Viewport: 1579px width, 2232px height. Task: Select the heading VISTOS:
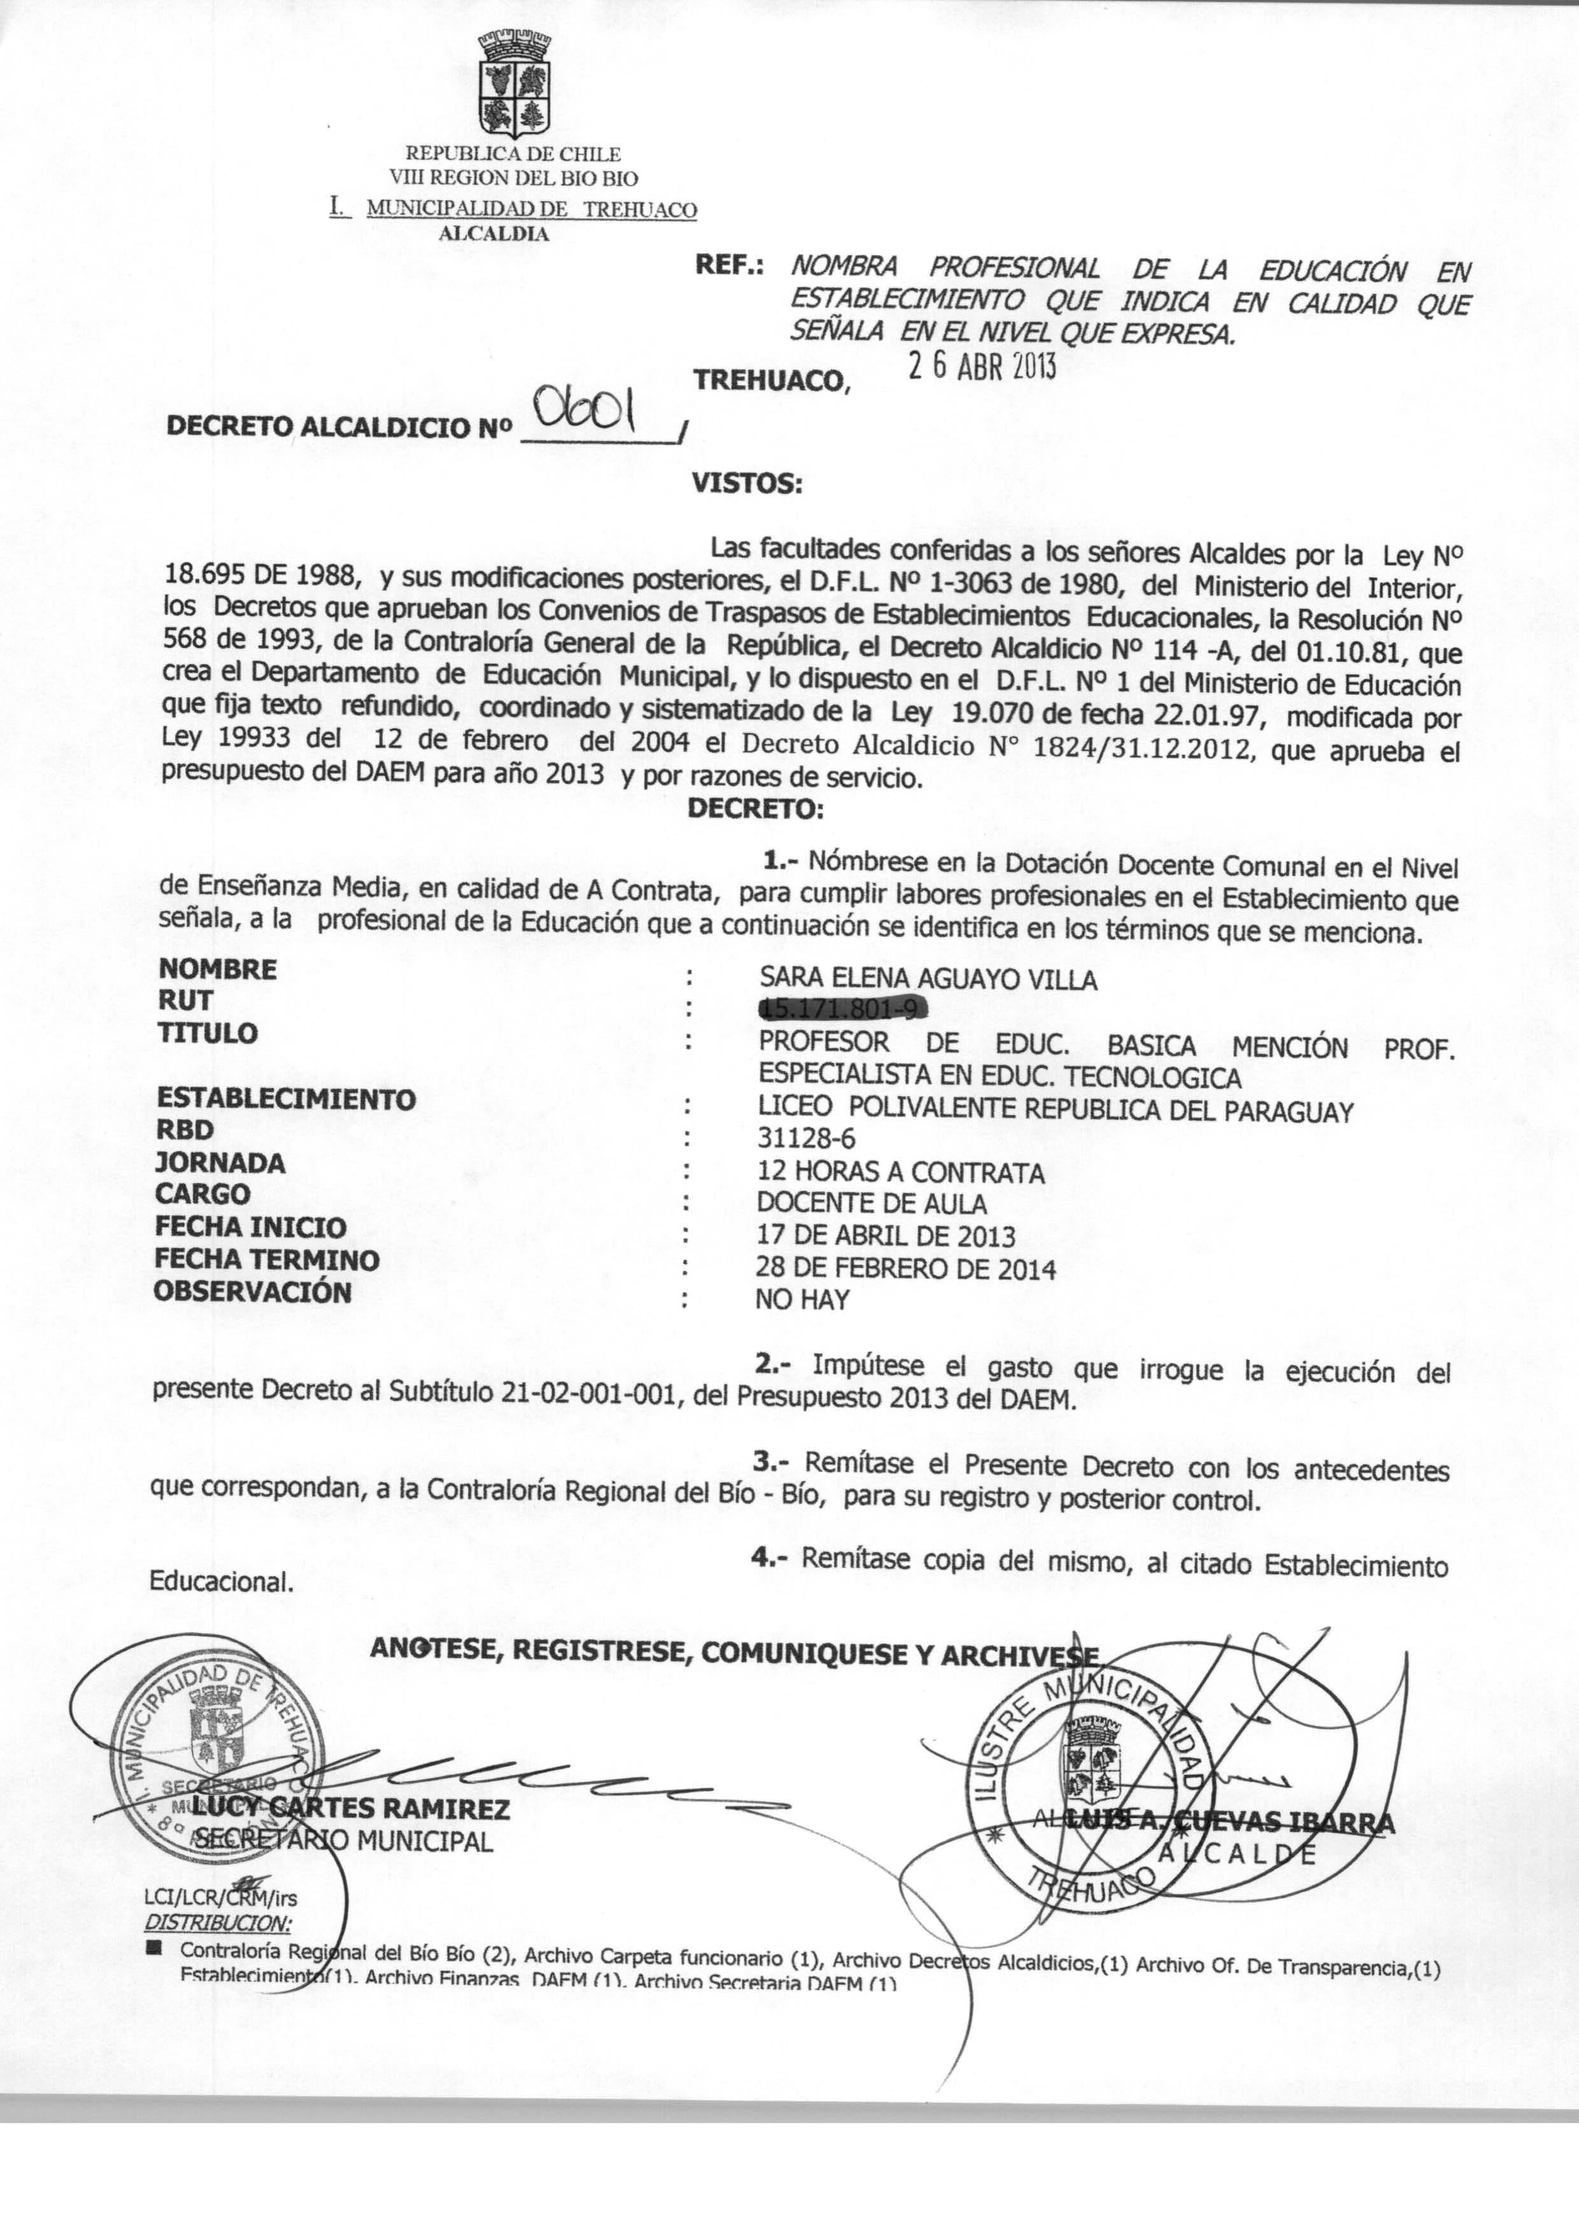746,483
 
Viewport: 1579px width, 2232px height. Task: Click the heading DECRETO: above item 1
756,808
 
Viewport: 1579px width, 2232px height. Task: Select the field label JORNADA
221,1163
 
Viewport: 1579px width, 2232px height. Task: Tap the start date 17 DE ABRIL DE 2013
886,1236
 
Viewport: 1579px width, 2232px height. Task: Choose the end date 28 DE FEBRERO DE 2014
905,1268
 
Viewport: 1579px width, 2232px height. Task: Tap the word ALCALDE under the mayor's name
1236,1854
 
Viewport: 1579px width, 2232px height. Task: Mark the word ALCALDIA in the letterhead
494,233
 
